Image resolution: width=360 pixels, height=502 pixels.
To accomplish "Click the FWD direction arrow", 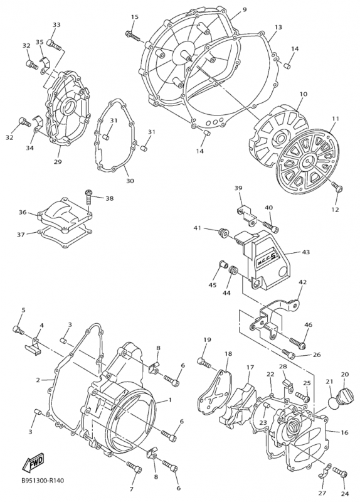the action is coord(33,462).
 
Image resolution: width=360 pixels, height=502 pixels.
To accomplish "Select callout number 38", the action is coord(109,198).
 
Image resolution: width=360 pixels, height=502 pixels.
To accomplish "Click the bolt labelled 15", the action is coord(133,36).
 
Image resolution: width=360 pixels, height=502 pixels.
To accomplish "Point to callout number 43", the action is coord(306,252).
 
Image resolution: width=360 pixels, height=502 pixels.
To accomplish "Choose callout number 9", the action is coord(245,9).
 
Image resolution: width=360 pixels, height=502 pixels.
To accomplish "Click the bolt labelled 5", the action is coord(18,330).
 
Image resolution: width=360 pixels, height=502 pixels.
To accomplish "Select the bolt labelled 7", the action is coord(134,466).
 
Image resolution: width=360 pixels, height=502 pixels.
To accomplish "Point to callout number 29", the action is coord(57,162).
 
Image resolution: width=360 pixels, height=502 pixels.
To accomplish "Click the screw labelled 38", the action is coord(88,198).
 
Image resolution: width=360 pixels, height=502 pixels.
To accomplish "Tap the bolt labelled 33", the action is coord(54,45).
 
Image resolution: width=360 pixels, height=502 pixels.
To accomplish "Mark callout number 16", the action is coord(344,432).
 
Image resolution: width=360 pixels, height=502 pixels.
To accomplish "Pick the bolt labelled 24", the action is coord(340,480).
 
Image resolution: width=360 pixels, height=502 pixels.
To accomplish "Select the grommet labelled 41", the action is coord(221,233).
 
